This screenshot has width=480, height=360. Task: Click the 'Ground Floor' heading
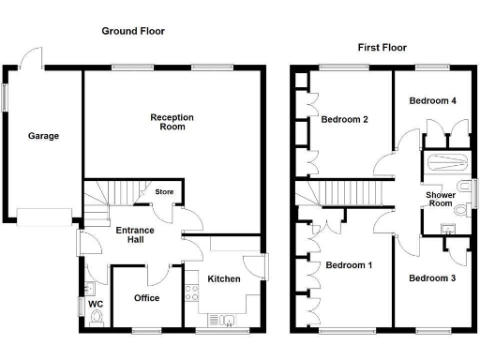tap(132, 31)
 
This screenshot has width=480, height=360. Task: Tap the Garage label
tap(42, 136)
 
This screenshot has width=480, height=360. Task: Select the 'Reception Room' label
tap(172, 122)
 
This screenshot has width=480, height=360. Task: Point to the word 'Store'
tap(164, 193)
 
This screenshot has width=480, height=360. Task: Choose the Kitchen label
tap(223, 278)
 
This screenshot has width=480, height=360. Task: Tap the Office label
tap(146, 298)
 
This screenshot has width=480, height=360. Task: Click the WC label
tap(95, 304)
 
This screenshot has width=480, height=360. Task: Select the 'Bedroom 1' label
tap(349, 265)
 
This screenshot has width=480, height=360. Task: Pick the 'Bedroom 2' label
tap(343, 120)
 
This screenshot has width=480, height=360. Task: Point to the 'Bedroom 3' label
tap(431, 277)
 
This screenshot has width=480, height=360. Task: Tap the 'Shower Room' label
tap(441, 200)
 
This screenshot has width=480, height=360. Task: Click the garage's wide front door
tap(44, 217)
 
